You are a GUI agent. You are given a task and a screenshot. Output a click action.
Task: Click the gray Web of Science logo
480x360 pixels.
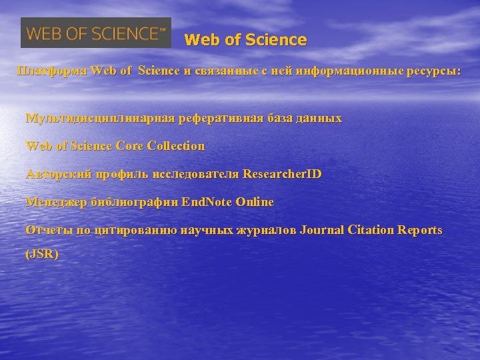click(96, 33)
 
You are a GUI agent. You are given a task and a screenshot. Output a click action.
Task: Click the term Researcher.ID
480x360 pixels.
click(283, 174)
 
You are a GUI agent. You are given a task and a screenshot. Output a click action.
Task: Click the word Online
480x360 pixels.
click(255, 202)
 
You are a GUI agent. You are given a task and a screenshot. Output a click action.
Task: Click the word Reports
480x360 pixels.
click(420, 230)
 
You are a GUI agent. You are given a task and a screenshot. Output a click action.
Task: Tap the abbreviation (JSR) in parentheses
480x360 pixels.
click(41, 254)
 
